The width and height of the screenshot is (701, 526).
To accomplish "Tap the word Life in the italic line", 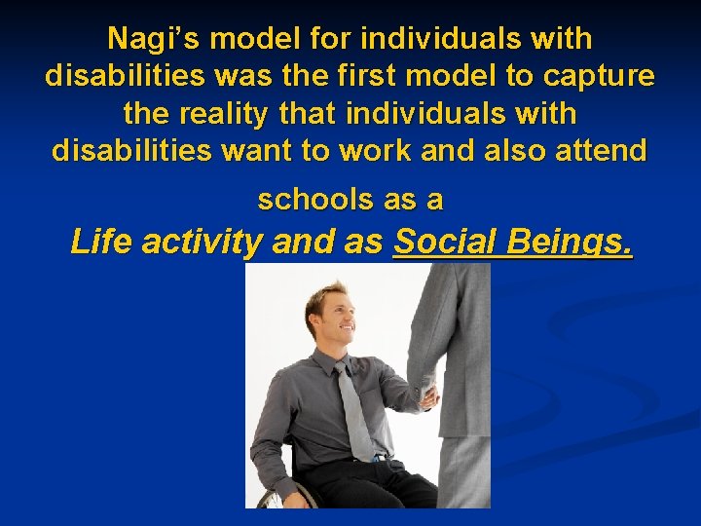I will click(102, 243).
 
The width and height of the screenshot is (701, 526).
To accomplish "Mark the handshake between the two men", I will click(425, 394).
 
